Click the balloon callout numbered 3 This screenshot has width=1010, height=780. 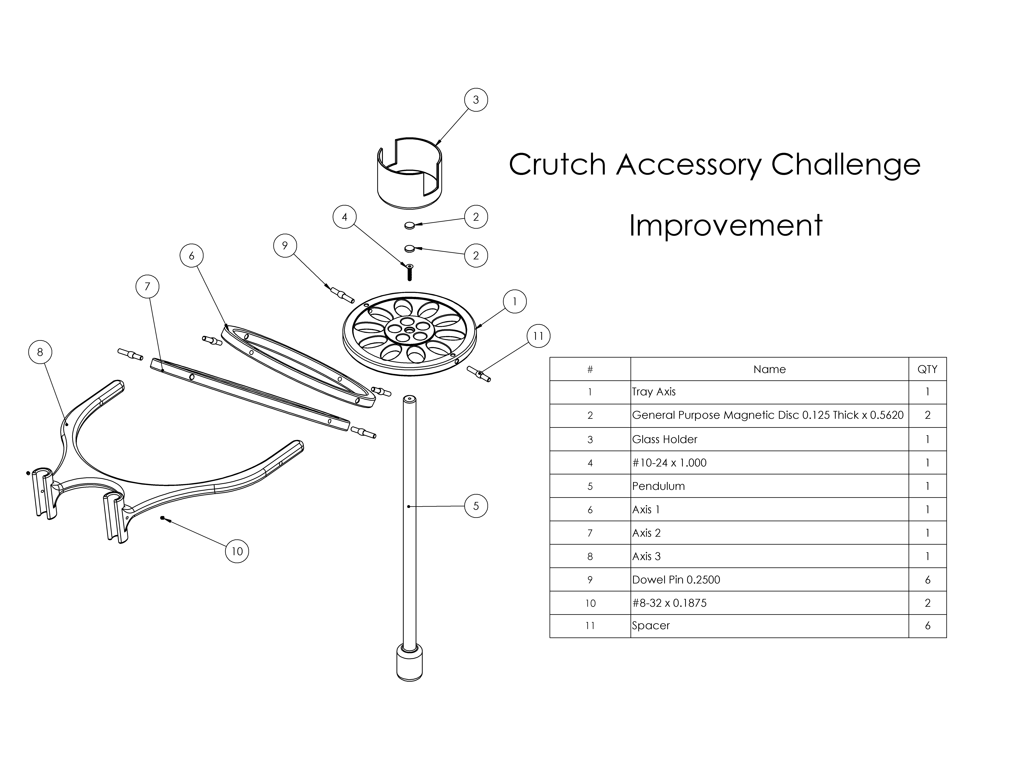476,100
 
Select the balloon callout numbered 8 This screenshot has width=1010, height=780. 40,352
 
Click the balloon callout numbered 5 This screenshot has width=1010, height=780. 476,506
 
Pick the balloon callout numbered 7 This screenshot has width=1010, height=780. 148,286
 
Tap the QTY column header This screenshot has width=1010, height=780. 927,369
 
